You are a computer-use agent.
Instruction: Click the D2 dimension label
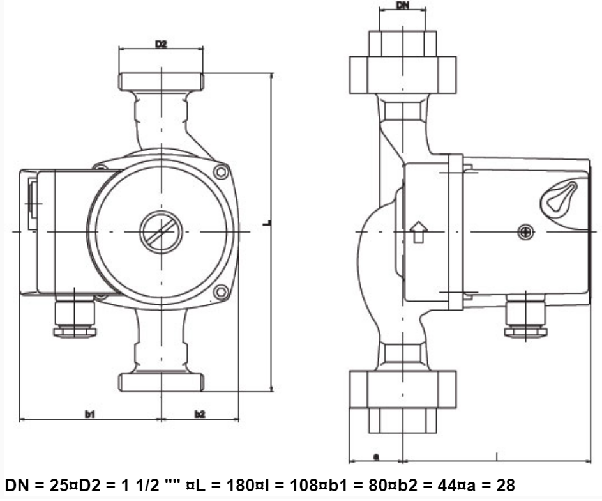[162, 44]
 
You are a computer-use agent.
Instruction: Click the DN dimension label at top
[402, 5]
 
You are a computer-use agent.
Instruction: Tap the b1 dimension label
[89, 414]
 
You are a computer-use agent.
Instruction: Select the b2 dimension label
[200, 414]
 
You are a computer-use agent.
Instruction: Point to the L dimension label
[268, 222]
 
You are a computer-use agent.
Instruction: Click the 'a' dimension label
[376, 457]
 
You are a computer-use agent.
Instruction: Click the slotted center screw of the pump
[162, 232]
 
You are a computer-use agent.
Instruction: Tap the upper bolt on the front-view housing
[221, 172]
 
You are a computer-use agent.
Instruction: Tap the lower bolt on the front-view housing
[221, 292]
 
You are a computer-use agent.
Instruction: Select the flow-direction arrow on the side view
[419, 232]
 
